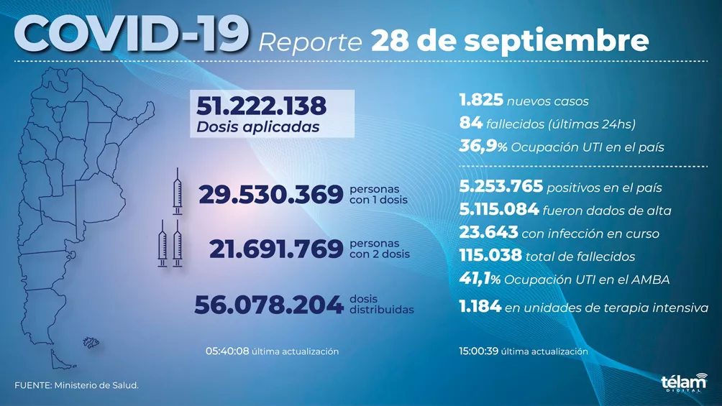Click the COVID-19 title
click(x=131, y=34)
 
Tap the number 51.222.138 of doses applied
click(x=261, y=107)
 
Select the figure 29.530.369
click(x=270, y=195)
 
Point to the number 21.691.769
click(x=275, y=249)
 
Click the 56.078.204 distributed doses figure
click(x=268, y=305)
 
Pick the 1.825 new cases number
click(x=480, y=101)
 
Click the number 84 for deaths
click(x=470, y=124)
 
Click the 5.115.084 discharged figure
click(x=498, y=211)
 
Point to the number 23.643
click(x=488, y=233)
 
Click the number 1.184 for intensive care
click(x=480, y=308)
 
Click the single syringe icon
click(x=177, y=190)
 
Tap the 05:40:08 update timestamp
click(x=227, y=351)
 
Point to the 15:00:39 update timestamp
click(x=479, y=351)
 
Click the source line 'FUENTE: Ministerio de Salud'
click(x=76, y=386)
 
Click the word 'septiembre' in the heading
click(x=556, y=41)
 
